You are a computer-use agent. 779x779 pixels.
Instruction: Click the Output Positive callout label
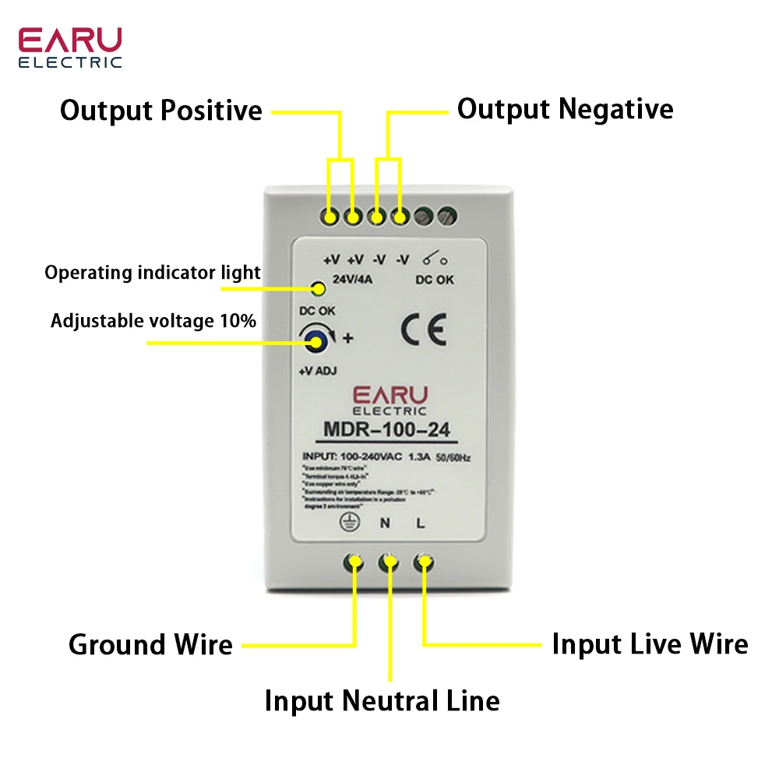161,110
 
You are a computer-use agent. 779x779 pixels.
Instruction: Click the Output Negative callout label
565,109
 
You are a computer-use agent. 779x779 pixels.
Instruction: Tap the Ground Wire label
150,645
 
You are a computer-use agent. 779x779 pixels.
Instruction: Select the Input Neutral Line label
382,700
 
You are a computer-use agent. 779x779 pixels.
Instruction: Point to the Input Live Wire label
650,644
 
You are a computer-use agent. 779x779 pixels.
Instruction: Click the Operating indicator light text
153,273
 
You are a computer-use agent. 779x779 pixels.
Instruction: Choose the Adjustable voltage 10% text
153,320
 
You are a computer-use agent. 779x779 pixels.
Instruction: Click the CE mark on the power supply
423,331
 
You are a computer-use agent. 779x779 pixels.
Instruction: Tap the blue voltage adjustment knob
315,338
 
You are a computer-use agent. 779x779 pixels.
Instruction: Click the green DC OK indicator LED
318,290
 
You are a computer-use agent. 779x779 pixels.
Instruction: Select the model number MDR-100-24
386,429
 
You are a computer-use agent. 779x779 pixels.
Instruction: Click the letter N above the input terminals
385,523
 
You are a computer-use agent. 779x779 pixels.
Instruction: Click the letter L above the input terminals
421,523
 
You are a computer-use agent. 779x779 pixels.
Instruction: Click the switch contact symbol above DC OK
434,259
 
